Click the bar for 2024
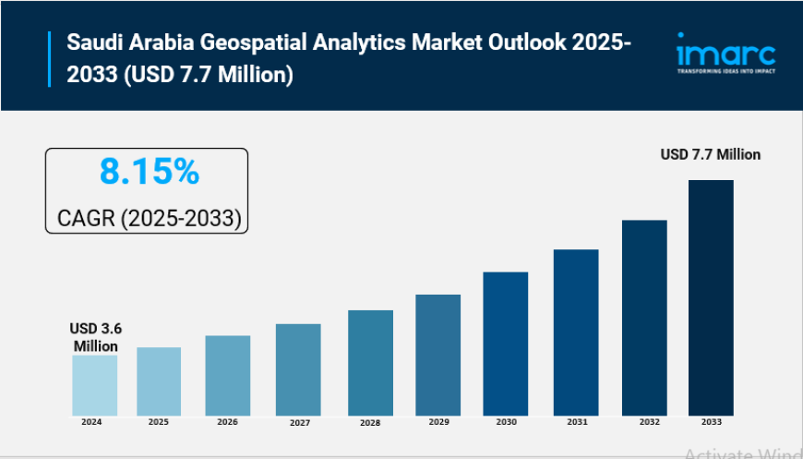[95, 385]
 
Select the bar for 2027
[298, 369]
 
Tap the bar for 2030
[506, 344]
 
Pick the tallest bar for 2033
[711, 297]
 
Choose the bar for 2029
[437, 355]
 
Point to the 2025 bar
[159, 381]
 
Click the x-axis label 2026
[228, 422]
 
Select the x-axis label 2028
[369, 422]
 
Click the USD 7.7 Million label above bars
[710, 154]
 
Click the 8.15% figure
[149, 171]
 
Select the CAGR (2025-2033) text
[149, 218]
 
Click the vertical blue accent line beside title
[50, 57]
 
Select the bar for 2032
[643, 318]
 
